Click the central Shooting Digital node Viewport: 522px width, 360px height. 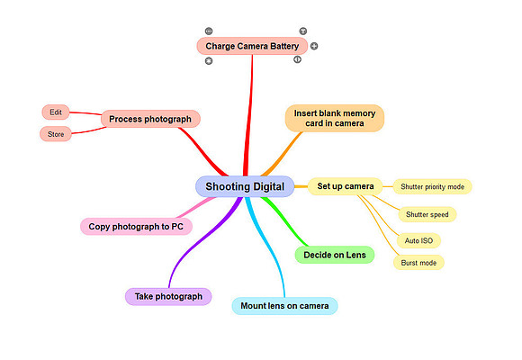pyautogui.click(x=245, y=186)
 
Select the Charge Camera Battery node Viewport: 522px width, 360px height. pyautogui.click(x=252, y=46)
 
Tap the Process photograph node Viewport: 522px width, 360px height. pyautogui.click(x=150, y=119)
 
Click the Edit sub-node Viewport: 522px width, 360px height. pyautogui.click(x=56, y=112)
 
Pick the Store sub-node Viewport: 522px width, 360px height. pyautogui.click(x=56, y=134)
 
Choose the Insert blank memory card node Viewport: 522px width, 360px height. pyautogui.click(x=335, y=118)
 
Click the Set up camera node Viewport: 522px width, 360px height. pyautogui.click(x=346, y=186)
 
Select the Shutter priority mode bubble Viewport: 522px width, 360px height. pyautogui.click(x=432, y=187)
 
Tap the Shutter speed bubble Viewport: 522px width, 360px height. pyautogui.click(x=427, y=214)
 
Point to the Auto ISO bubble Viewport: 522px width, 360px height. pyautogui.click(x=418, y=241)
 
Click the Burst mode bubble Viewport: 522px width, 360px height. pyautogui.click(x=418, y=263)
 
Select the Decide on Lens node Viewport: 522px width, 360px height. pyautogui.click(x=335, y=255)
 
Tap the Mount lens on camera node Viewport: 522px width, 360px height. pyautogui.click(x=284, y=306)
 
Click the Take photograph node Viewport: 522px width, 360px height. pyautogui.click(x=168, y=296)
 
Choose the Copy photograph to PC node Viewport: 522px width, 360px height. pyautogui.click(x=136, y=227)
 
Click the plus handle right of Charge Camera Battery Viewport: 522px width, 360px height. pyautogui.click(x=314, y=46)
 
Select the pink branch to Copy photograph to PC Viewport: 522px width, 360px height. pyautogui.click(x=196, y=207)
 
